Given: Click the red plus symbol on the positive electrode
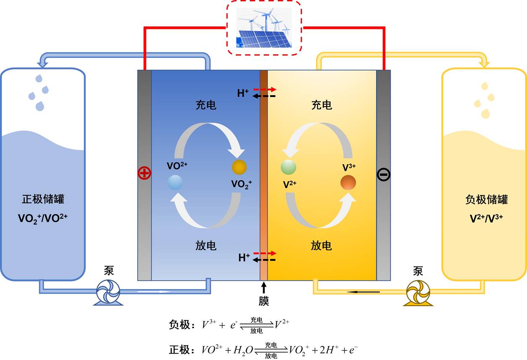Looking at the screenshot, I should pyautogui.click(x=144, y=173).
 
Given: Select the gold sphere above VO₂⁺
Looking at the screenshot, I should pyautogui.click(x=239, y=167).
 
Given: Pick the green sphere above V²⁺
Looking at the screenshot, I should pyautogui.click(x=288, y=167).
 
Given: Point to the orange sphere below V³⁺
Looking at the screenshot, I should pyautogui.click(x=348, y=183).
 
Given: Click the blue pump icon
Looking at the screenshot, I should pyautogui.click(x=108, y=291).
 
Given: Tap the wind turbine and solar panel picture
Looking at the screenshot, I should pyautogui.click(x=264, y=28).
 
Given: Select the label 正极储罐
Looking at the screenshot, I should pyautogui.click(x=43, y=199).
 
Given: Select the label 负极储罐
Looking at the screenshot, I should pyautogui.click(x=487, y=199).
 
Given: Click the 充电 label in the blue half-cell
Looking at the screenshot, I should pyautogui.click(x=206, y=105).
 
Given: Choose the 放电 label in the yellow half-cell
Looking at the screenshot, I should pyautogui.click(x=321, y=245).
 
